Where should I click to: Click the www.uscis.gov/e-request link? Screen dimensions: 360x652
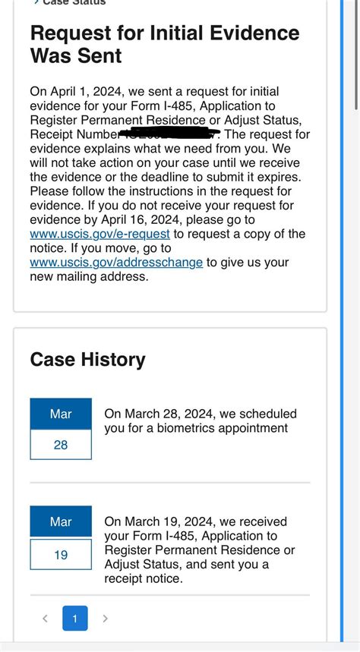click(99, 235)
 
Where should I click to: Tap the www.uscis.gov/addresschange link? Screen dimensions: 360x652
click(116, 263)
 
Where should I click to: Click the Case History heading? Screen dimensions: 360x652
click(87, 359)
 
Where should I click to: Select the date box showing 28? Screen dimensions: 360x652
click(61, 445)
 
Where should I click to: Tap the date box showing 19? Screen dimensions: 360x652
click(61, 555)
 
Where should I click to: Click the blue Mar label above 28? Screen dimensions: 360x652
click(61, 414)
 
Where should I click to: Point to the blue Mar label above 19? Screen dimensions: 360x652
click(61, 521)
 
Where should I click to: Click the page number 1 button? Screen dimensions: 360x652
click(74, 619)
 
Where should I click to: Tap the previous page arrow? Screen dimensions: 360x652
click(45, 619)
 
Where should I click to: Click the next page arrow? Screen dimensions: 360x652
click(105, 619)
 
